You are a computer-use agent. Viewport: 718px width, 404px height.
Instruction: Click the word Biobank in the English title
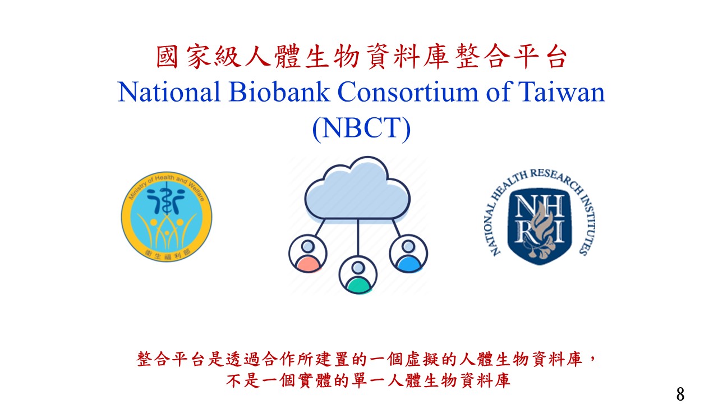click(x=279, y=92)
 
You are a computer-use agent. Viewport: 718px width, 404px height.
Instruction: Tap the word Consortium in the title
click(x=407, y=92)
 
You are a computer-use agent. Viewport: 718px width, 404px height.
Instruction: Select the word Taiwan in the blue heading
click(x=561, y=92)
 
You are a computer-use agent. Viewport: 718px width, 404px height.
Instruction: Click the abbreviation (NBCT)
click(x=361, y=128)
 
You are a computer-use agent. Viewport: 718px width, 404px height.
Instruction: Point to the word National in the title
click(x=169, y=92)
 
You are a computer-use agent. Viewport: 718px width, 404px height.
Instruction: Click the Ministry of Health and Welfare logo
click(x=167, y=217)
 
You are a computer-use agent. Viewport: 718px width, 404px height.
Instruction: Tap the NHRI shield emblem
click(x=540, y=226)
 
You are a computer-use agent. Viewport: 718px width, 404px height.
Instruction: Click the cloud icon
click(x=357, y=189)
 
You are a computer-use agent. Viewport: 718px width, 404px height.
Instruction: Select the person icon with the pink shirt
click(x=308, y=254)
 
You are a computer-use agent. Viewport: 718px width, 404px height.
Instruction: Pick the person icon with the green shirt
click(x=358, y=275)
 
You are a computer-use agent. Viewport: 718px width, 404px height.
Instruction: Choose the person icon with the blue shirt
click(x=408, y=254)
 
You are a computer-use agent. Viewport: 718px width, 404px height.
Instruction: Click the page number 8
click(x=680, y=394)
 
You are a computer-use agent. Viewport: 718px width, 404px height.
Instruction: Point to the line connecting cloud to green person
click(x=358, y=237)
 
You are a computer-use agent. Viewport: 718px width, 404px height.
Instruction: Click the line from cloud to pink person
click(x=320, y=228)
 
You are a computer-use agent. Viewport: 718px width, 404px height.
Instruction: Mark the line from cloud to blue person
click(x=397, y=228)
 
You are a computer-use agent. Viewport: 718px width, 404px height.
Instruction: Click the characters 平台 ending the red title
click(x=540, y=57)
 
